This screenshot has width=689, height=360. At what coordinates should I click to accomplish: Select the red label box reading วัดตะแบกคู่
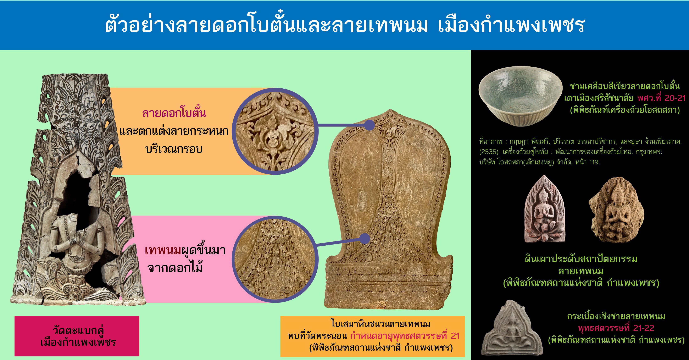(x=77, y=336)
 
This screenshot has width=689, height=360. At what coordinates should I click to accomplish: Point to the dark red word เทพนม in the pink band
(x=163, y=250)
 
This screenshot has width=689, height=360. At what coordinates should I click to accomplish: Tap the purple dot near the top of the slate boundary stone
(x=369, y=125)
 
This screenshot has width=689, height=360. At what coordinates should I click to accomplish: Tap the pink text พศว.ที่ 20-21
(x=661, y=98)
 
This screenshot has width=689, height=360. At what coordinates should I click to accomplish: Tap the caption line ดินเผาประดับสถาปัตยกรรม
(x=581, y=259)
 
